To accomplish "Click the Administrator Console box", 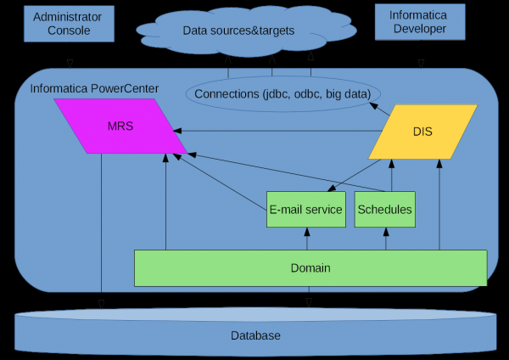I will click(x=68, y=23).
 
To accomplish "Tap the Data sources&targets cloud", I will click(x=238, y=31).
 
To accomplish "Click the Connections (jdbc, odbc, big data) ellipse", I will click(x=282, y=93).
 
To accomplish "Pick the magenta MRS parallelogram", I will click(x=120, y=127).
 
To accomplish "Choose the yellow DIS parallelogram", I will click(x=422, y=132).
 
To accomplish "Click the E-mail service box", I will click(x=305, y=209).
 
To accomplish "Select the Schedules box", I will click(x=384, y=209).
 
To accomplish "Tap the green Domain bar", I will click(x=310, y=268).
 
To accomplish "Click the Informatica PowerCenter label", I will click(x=94, y=88).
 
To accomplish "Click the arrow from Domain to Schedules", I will click(x=386, y=239).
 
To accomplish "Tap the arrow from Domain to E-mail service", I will click(x=307, y=239).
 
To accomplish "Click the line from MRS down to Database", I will click(x=101, y=229).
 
